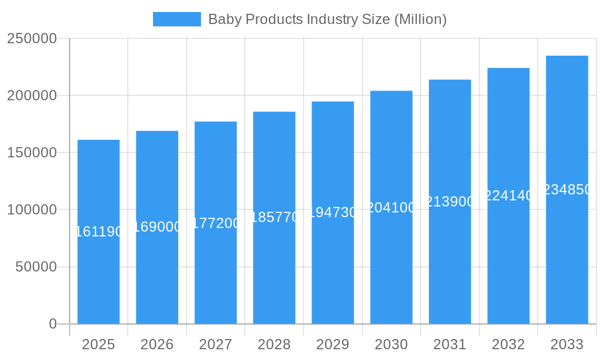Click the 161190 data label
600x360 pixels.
point(98,232)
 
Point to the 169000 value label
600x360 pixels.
point(157,227)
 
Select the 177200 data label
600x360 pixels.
point(215,223)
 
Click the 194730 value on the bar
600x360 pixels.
point(332,212)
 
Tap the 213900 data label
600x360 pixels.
point(449,202)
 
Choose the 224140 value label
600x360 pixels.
point(508,196)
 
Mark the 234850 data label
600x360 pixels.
point(566,190)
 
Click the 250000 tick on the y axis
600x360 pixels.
point(32,38)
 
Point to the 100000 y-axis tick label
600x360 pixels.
point(32,210)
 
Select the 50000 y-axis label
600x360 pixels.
point(36,267)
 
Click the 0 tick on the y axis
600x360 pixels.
point(53,324)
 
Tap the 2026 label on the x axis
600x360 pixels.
point(157,345)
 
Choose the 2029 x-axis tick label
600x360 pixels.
point(332,345)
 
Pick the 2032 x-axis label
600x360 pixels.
point(508,345)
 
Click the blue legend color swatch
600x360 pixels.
point(177,19)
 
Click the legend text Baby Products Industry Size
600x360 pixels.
point(327,19)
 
